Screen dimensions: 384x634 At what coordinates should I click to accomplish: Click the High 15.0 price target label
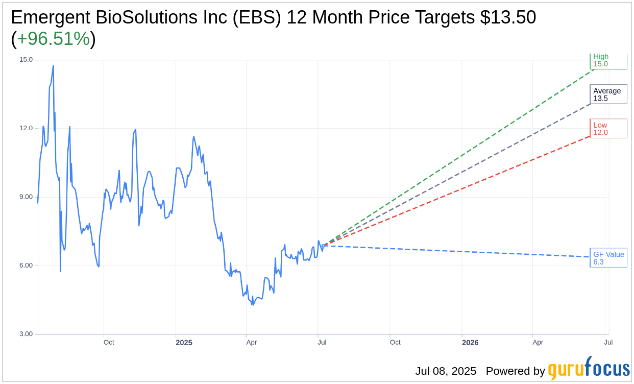point(608,61)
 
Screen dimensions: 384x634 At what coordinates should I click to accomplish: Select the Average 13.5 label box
point(608,94)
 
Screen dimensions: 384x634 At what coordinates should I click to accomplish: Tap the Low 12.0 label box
point(608,129)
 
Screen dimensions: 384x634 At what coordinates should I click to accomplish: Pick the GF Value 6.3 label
point(608,258)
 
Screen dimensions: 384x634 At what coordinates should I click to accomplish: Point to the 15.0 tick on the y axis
point(26,60)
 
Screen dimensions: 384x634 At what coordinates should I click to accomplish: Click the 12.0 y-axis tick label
point(26,128)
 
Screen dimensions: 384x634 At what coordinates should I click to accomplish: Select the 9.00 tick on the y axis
point(26,197)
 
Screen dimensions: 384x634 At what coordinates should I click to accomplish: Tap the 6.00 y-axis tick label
point(26,266)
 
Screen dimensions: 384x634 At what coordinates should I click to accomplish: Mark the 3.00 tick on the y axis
point(26,334)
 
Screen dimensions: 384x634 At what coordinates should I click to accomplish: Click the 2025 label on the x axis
point(184,343)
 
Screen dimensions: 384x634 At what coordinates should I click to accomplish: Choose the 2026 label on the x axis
point(470,343)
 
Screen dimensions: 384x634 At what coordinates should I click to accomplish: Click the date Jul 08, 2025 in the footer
point(446,371)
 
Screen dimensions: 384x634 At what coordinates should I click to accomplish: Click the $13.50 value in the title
point(508,18)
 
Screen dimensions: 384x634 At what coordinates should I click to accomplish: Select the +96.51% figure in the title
point(54,39)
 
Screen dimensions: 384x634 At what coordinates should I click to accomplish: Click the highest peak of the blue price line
point(53,65)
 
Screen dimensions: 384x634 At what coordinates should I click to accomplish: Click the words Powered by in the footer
point(515,371)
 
